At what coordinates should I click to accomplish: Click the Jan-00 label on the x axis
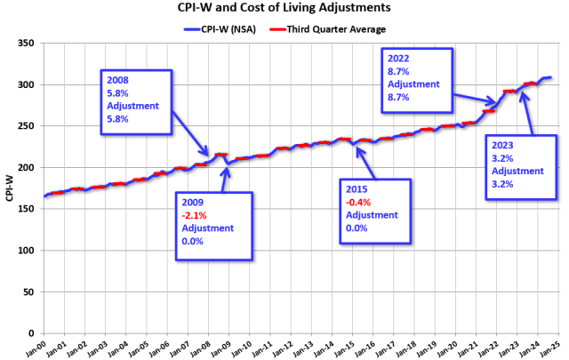pyautogui.click(x=36, y=348)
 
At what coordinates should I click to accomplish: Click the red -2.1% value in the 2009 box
pyautogui.click(x=193, y=214)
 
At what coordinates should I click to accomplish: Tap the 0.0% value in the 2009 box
pyautogui.click(x=192, y=241)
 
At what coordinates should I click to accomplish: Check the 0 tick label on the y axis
pyautogui.click(x=30, y=333)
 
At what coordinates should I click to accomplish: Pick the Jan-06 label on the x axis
pyautogui.click(x=160, y=348)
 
